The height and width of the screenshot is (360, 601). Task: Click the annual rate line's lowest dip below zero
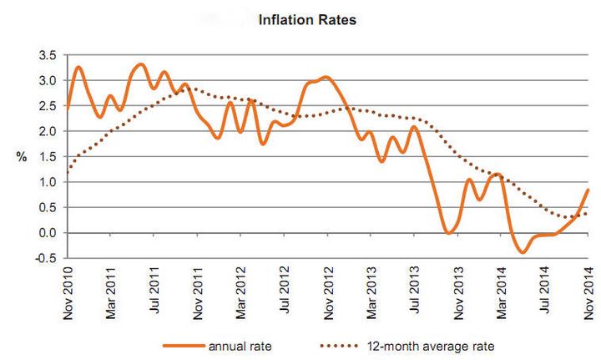(523, 251)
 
